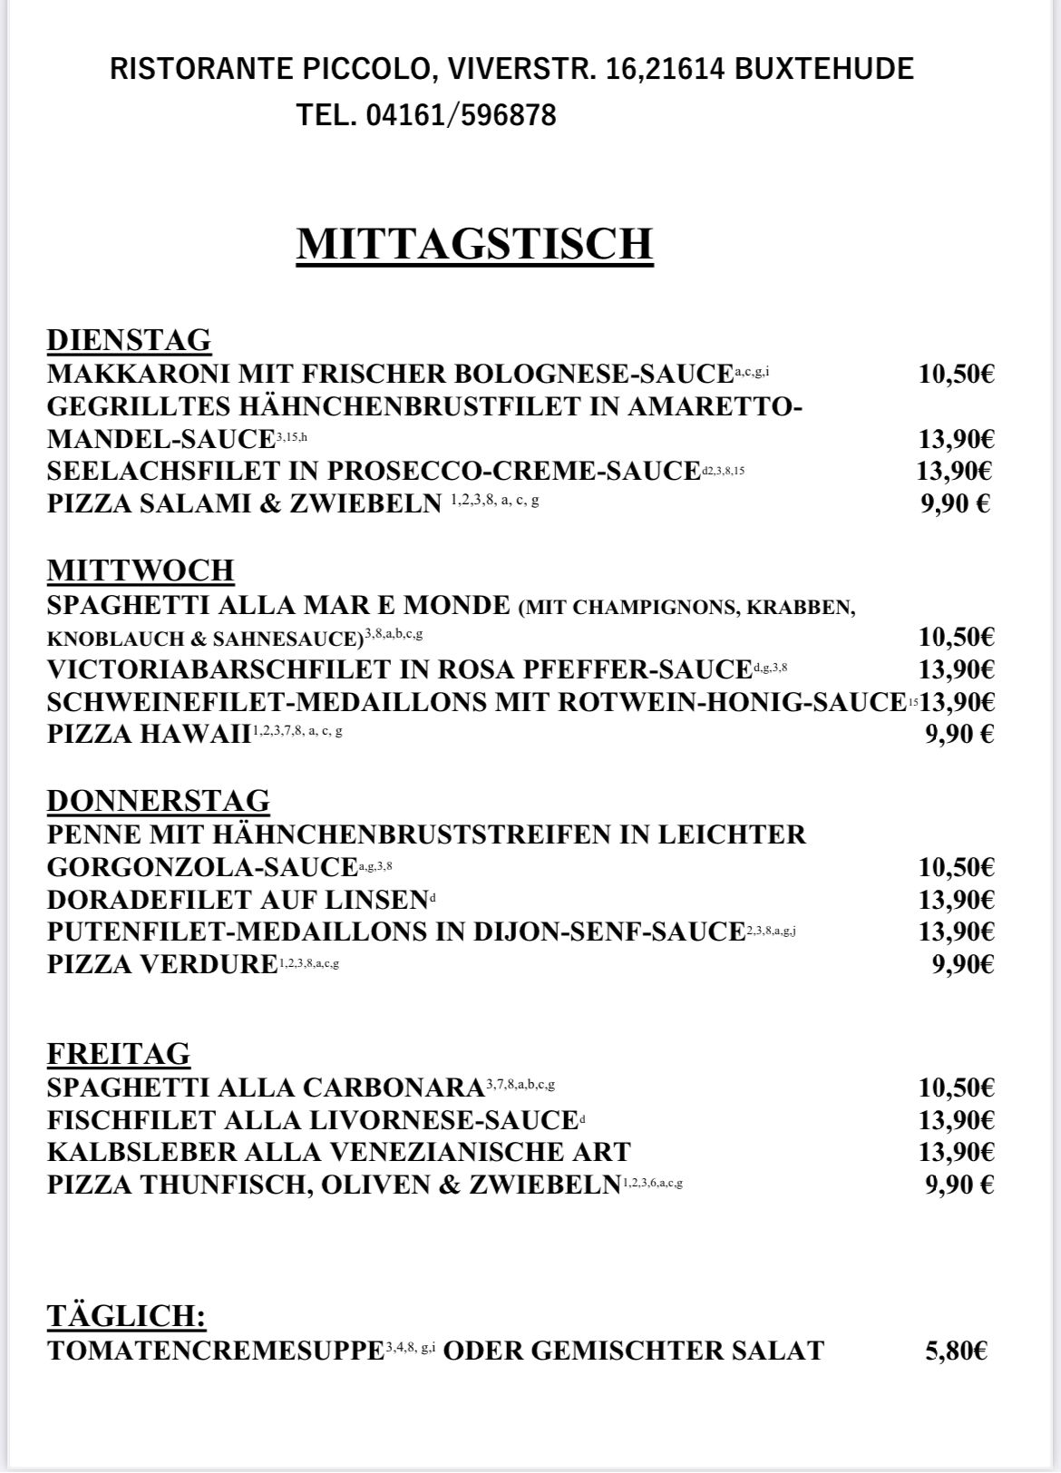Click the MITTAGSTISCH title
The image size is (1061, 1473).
474,244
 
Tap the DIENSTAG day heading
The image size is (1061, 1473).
129,340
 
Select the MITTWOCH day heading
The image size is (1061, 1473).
141,571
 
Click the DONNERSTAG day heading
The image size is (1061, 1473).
159,801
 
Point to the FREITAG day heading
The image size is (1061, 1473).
119,1054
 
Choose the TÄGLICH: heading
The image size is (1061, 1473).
127,1316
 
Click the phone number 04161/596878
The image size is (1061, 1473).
461,115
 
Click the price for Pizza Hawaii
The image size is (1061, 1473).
959,734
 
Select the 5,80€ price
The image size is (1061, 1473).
956,1351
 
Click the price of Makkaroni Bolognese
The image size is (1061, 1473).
956,374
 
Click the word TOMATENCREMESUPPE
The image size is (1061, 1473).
216,1351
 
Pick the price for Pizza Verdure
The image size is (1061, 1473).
963,964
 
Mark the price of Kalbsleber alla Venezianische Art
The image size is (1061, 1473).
956,1152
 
